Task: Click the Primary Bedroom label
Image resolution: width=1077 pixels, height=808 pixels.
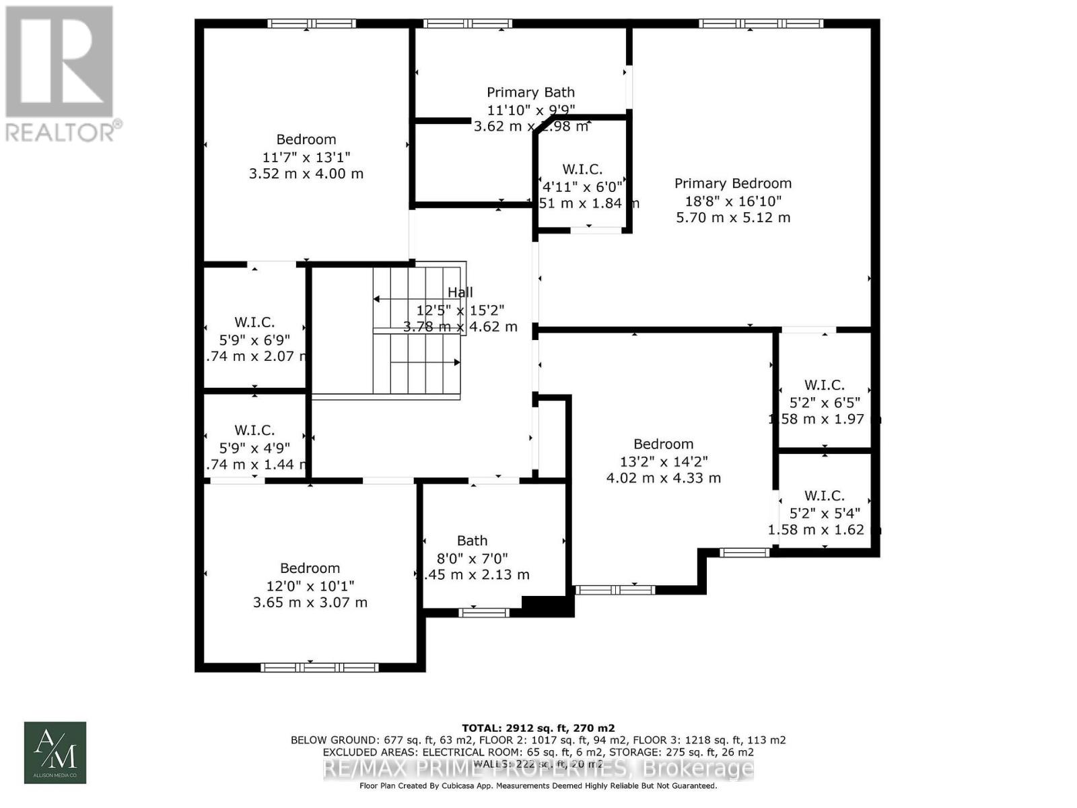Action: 732,183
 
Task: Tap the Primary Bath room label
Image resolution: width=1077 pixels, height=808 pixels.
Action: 530,92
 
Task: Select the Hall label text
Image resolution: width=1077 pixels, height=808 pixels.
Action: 460,292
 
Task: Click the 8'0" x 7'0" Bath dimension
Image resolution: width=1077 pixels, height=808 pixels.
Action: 472,558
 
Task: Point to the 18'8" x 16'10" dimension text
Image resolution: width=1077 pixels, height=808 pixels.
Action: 732,201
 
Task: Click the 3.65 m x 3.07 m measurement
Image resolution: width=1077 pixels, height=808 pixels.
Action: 310,602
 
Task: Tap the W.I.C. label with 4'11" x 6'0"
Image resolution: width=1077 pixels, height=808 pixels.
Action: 582,169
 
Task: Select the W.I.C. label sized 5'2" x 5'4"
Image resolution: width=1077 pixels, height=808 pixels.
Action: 824,496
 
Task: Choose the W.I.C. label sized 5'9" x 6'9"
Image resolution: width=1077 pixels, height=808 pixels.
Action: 254,322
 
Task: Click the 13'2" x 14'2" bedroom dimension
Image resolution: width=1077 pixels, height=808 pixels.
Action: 663,461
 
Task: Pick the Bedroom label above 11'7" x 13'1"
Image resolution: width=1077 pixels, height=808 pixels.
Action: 306,139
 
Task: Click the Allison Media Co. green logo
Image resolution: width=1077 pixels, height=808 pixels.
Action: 55,753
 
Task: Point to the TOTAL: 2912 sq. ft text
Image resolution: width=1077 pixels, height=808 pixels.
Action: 538,728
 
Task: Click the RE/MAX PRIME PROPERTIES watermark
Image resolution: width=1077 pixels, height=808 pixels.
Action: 538,768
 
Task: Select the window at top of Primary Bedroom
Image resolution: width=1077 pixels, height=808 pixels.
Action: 761,24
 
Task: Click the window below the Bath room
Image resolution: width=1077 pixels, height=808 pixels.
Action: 484,612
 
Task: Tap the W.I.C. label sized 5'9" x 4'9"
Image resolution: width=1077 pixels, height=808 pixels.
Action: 254,430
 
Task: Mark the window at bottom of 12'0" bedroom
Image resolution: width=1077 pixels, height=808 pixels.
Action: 320,667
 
